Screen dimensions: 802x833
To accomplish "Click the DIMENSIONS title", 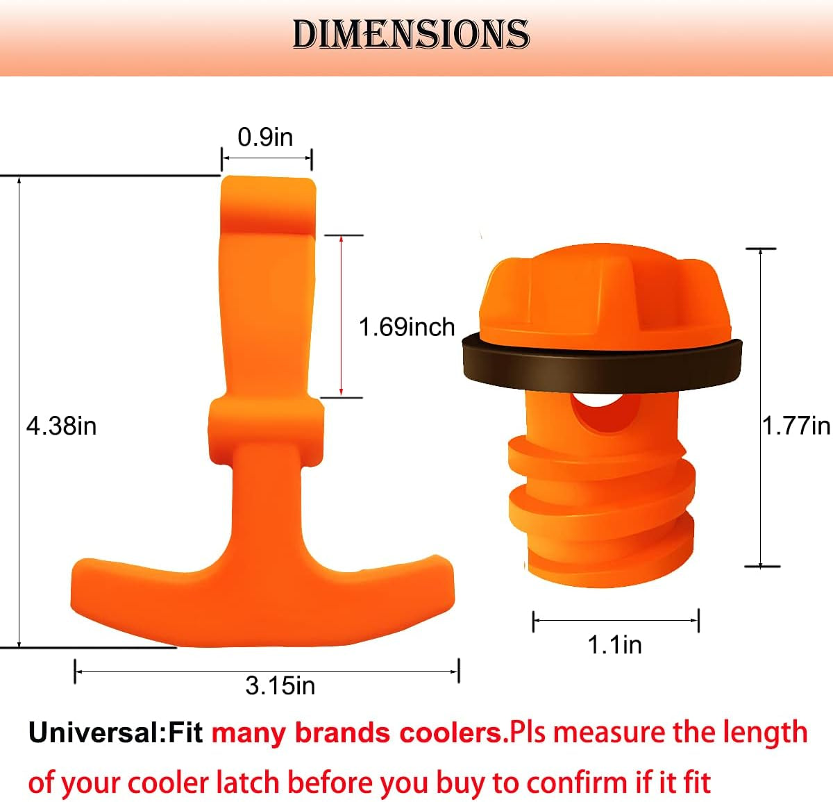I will pyautogui.click(x=411, y=35).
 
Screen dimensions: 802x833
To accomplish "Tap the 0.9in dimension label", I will pyautogui.click(x=265, y=137).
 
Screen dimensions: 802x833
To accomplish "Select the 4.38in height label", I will pyautogui.click(x=61, y=426).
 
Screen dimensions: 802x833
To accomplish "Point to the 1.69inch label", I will pyautogui.click(x=406, y=326).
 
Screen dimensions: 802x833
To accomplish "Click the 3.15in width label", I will pyautogui.click(x=280, y=686).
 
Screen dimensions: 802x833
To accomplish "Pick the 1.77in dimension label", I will pyautogui.click(x=796, y=425).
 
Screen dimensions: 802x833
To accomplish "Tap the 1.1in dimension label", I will pyautogui.click(x=614, y=644).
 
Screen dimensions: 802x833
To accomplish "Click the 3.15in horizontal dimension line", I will pyautogui.click(x=267, y=671).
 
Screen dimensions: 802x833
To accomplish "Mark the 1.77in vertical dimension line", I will pyautogui.click(x=762, y=408).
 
